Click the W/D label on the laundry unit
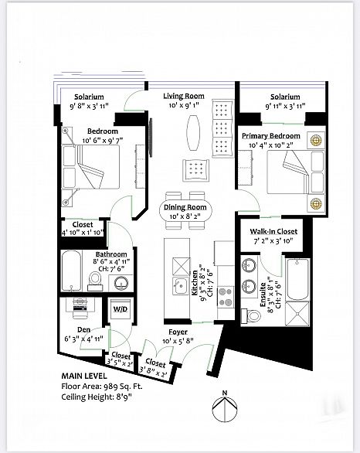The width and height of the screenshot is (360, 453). click(x=120, y=309)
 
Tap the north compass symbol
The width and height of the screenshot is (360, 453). click(x=225, y=407)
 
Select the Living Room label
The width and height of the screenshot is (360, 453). click(x=184, y=96)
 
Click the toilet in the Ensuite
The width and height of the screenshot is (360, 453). click(x=250, y=316)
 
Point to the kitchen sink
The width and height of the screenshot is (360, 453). click(x=179, y=286)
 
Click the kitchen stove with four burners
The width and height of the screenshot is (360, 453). click(x=226, y=297)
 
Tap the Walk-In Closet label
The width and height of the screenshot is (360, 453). click(x=273, y=231)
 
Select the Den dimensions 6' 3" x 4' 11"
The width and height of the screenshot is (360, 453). click(x=83, y=339)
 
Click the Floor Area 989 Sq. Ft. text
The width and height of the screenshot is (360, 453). click(x=102, y=387)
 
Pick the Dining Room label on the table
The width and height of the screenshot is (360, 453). click(x=185, y=207)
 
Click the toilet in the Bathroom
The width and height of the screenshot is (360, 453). click(x=95, y=281)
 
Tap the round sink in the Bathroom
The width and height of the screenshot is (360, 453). click(x=121, y=283)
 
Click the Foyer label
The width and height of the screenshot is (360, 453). click(x=178, y=332)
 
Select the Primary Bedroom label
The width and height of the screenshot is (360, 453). click(x=271, y=136)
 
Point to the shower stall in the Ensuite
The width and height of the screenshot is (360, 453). click(x=297, y=314)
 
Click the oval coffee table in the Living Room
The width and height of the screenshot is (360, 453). click(x=193, y=133)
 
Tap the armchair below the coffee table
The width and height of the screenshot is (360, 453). click(x=195, y=170)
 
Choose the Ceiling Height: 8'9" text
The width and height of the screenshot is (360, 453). click(x=97, y=397)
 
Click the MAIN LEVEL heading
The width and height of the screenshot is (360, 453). click(x=84, y=376)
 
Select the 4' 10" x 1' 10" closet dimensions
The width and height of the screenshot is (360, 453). click(x=83, y=232)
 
